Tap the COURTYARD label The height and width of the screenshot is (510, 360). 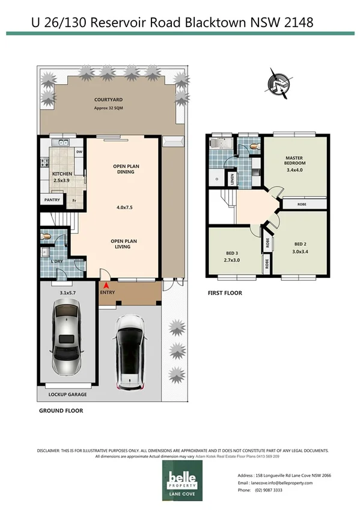coord(108,100)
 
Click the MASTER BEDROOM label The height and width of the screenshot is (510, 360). coord(295,161)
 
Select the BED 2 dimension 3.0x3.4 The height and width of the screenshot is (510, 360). coord(300,251)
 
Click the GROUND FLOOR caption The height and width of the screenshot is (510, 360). coord(61,411)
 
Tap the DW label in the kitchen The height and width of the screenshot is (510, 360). coord(79,152)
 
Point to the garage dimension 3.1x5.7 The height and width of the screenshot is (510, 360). coord(69,293)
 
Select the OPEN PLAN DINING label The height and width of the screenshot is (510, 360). coord(123,169)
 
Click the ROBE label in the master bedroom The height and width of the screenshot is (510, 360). coord(303,204)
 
